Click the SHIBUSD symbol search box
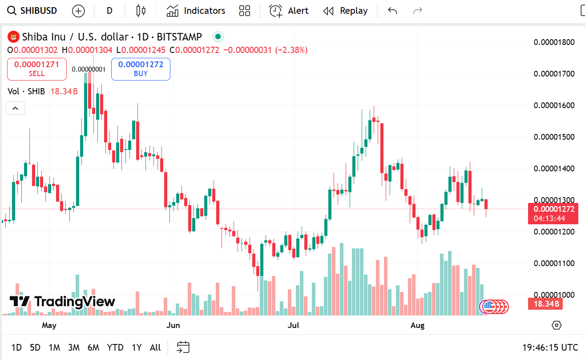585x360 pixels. (33, 11)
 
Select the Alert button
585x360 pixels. (289, 11)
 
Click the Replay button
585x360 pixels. (345, 11)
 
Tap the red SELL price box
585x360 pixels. (37, 69)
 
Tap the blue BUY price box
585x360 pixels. (141, 69)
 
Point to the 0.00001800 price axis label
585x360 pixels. (554, 42)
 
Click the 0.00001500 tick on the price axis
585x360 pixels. (554, 137)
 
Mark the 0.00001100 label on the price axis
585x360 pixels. (554, 263)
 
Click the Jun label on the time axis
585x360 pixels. (173, 325)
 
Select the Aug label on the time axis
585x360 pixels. (417, 325)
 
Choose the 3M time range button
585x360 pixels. (74, 348)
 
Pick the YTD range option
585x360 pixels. (115, 348)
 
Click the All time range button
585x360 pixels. (155, 348)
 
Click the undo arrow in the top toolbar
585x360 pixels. (392, 11)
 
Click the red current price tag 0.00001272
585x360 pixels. (553, 209)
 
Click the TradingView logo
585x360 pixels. (62, 302)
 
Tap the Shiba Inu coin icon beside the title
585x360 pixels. (14, 37)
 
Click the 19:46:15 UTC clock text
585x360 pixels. (550, 348)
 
